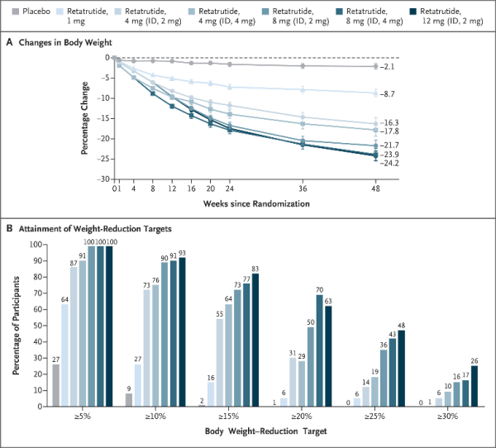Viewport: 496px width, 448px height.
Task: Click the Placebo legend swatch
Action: pyautogui.click(x=15, y=12)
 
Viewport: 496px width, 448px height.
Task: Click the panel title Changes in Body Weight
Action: pyautogui.click(x=65, y=42)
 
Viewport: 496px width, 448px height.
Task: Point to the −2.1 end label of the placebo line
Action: pyautogui.click(x=387, y=67)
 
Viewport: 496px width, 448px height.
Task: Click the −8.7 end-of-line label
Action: pyautogui.click(x=387, y=94)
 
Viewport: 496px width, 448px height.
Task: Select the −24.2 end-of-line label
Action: pyautogui.click(x=389, y=164)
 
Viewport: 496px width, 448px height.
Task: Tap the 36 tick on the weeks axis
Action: pyautogui.click(x=303, y=188)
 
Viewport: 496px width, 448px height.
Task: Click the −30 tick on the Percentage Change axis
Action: pyautogui.click(x=103, y=179)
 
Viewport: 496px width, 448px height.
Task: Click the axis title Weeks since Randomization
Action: pyautogui.click(x=256, y=203)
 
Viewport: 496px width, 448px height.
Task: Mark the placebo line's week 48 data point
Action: pyautogui.click(x=375, y=66)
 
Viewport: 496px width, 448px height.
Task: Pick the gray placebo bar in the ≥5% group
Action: pyautogui.click(x=56, y=385)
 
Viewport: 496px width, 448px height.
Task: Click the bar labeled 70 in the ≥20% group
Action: pyautogui.click(x=319, y=350)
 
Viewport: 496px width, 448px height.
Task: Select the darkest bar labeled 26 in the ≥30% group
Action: pyautogui.click(x=475, y=386)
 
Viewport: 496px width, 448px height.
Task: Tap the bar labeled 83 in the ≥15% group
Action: pyautogui.click(x=255, y=340)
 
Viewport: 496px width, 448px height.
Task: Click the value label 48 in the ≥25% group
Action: pyautogui.click(x=402, y=326)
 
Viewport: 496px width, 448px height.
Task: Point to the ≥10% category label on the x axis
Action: pyautogui.click(x=155, y=417)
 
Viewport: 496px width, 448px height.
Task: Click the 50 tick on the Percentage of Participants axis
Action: pyautogui.click(x=37, y=326)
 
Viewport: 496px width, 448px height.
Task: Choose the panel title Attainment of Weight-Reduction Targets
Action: pyautogui.click(x=95, y=229)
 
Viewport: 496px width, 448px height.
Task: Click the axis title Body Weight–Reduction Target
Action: pyautogui.click(x=265, y=431)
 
